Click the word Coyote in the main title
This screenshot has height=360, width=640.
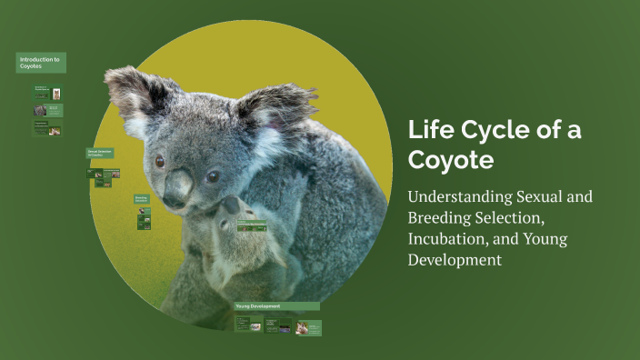[451, 161]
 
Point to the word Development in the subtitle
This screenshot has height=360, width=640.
[454, 259]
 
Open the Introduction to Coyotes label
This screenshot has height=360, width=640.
[41, 63]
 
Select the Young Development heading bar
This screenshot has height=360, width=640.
[276, 306]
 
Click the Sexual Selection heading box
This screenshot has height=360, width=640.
[103, 153]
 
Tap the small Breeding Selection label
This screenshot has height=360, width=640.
[143, 198]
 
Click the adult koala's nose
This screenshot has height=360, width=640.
[176, 186]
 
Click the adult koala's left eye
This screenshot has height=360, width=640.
[160, 160]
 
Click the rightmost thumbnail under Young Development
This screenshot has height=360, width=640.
[308, 327]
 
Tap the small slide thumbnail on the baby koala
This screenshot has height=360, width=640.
[252, 227]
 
